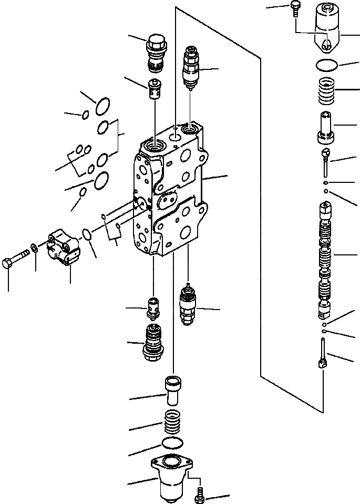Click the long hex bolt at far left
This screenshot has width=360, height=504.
16,261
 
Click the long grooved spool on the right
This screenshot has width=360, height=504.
325,260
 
